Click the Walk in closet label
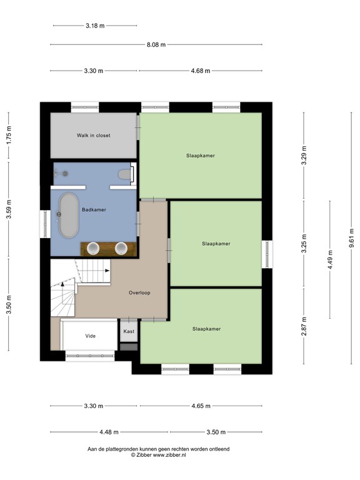coord(93,135)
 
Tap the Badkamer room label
coord(94,210)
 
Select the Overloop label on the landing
coord(139,292)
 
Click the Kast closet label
coord(129,331)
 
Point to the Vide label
coord(90,336)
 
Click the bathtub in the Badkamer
coord(69,215)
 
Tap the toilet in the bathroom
coord(125,174)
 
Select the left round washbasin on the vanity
coord(92,249)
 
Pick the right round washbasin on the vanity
coord(121,249)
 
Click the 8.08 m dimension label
coord(156,45)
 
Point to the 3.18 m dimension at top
coord(95,26)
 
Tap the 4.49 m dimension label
coord(330,260)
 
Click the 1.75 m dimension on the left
coord(9,135)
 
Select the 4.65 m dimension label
coord(201,406)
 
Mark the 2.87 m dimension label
coord(304,326)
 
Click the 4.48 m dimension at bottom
coord(109,432)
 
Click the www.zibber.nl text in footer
coord(169,455)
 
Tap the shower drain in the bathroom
coord(65,174)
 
